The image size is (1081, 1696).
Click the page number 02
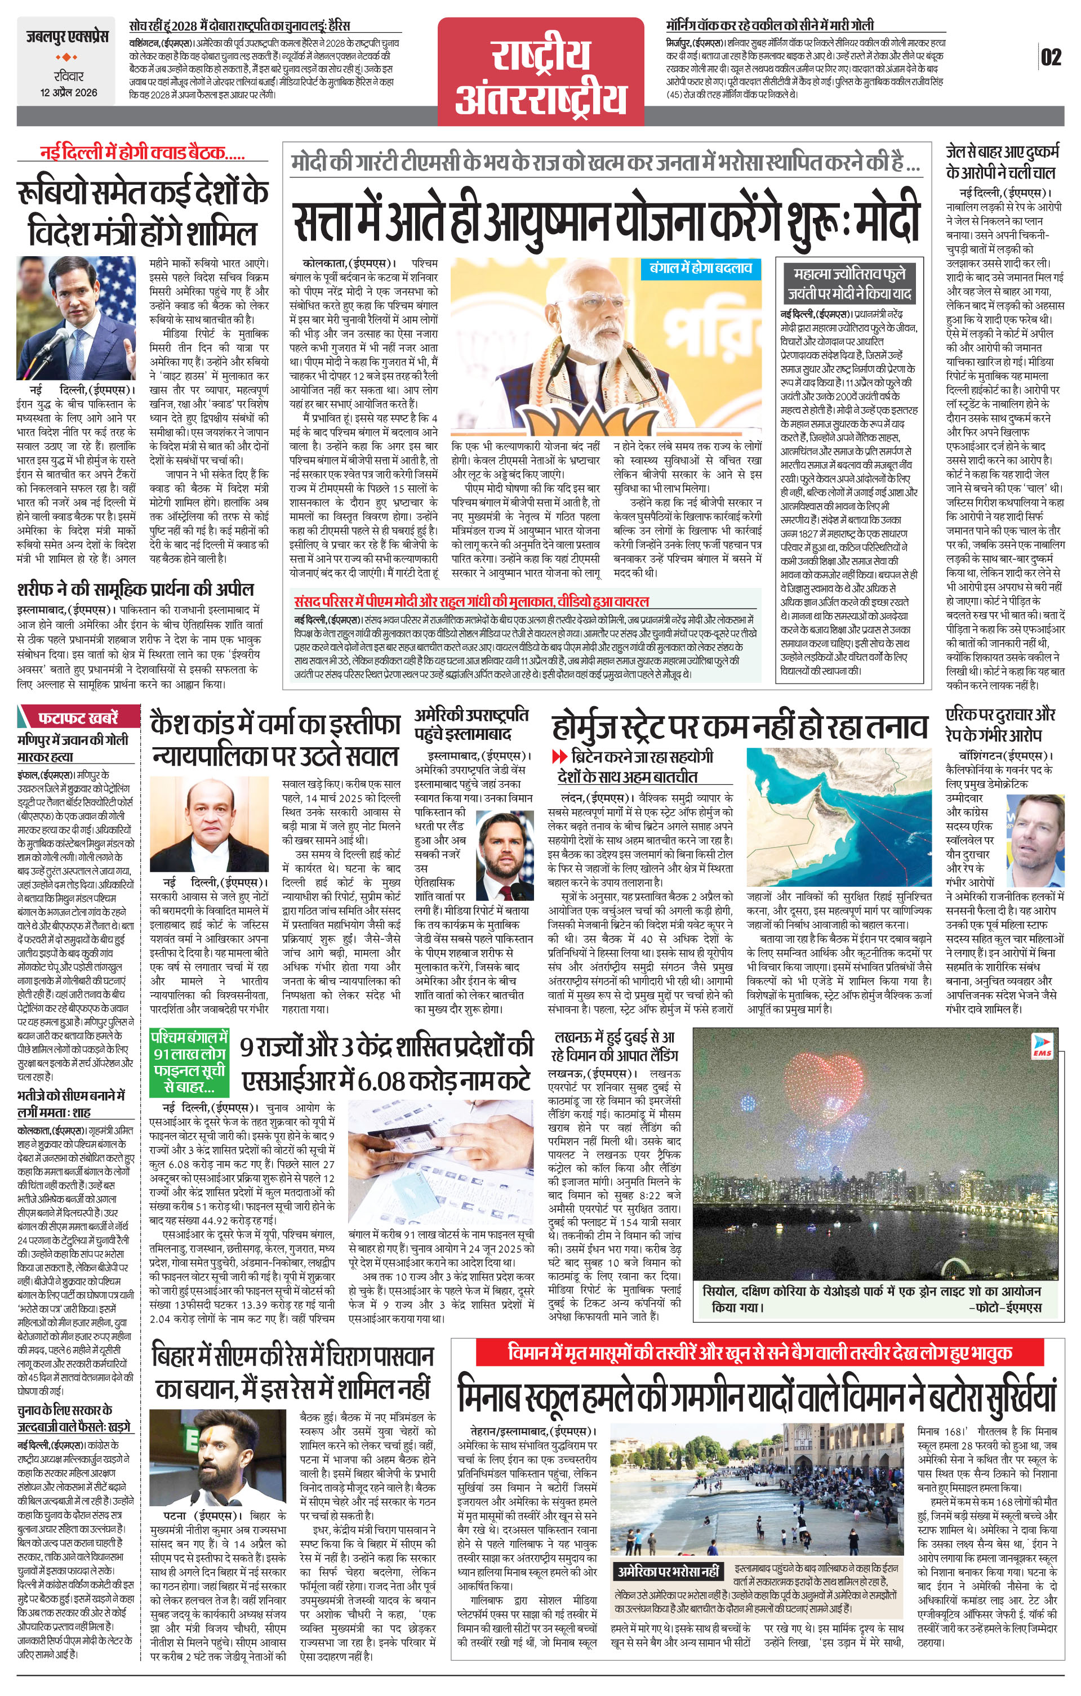click(x=1050, y=57)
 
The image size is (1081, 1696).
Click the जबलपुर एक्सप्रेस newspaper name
click(x=68, y=36)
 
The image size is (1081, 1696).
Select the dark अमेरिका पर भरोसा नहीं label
click(x=668, y=1572)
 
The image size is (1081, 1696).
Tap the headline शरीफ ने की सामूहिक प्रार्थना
click(x=135, y=589)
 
